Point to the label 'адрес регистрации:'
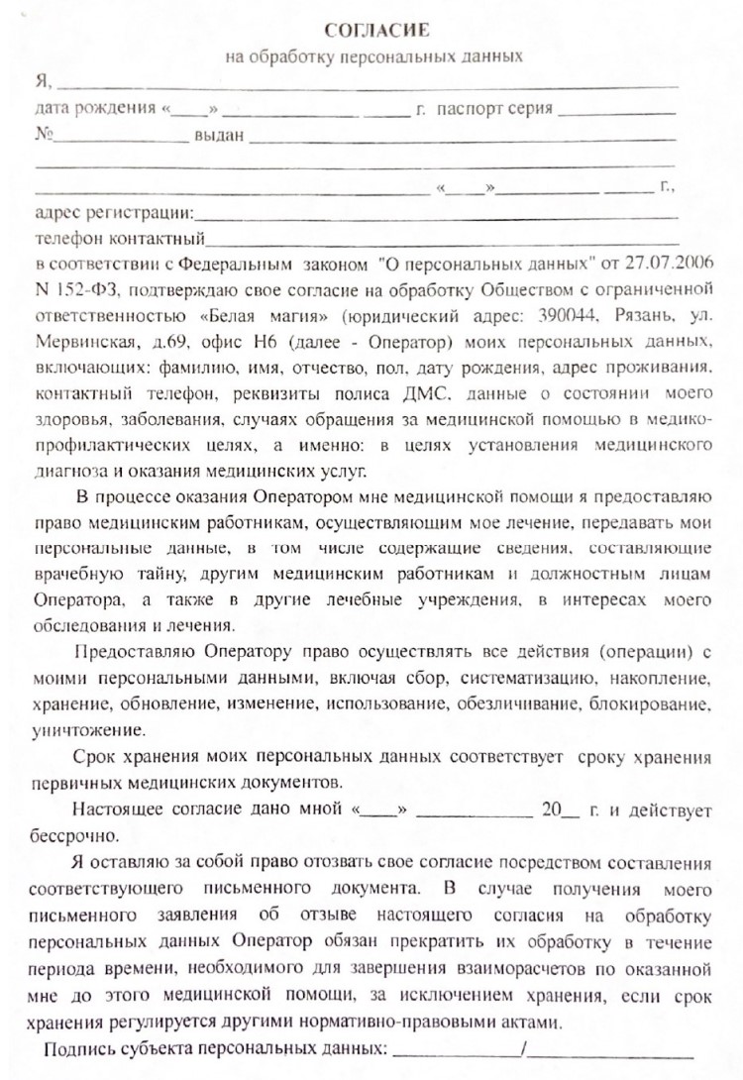114,212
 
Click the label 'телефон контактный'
119,238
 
